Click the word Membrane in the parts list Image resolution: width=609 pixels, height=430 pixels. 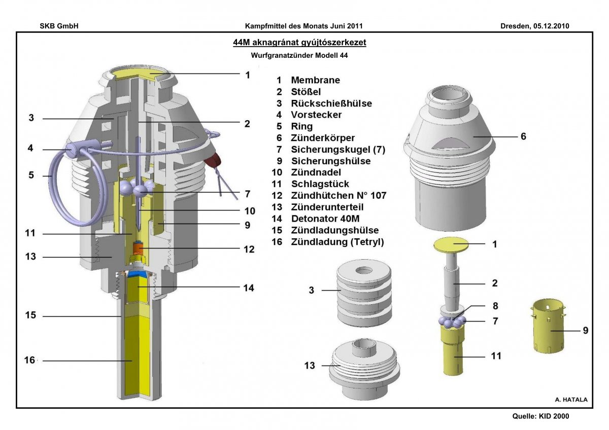tap(315, 80)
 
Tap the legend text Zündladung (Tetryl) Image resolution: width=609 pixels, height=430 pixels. tap(337, 242)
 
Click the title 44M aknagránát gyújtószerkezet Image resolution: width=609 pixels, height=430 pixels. tap(299, 43)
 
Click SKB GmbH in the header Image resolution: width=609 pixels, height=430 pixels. tap(59, 25)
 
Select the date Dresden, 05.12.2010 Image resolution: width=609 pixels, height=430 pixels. tap(534, 25)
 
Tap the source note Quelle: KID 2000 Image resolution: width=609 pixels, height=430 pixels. tap(541, 416)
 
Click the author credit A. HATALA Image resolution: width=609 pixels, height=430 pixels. tap(571, 400)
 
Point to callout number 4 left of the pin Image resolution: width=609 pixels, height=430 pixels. tap(30, 149)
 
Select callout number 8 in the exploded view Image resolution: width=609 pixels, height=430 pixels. tap(495, 306)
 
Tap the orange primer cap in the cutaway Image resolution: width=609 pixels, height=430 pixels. tap(139, 248)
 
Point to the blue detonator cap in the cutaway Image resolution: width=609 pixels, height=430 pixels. tap(136, 274)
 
